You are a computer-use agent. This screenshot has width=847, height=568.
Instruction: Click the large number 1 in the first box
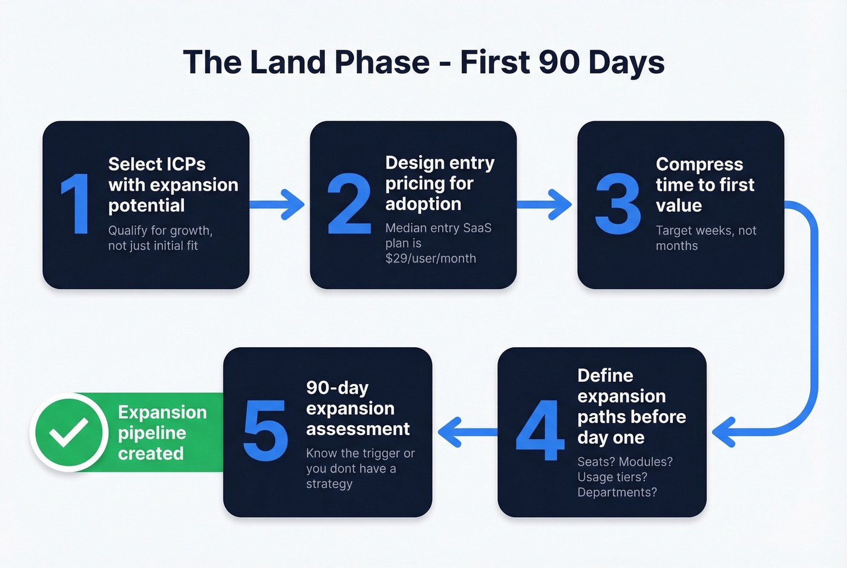(76, 204)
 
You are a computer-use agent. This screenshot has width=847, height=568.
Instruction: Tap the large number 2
(349, 204)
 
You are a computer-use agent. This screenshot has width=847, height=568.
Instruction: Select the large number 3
(617, 204)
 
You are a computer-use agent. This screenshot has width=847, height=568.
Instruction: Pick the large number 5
(265, 430)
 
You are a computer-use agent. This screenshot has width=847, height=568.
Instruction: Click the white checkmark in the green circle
(68, 432)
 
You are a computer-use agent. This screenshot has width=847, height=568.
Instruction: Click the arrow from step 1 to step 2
(278, 204)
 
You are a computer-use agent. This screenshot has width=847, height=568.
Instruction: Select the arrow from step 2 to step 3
(544, 204)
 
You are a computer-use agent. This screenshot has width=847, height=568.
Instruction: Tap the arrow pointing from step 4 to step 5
(466, 432)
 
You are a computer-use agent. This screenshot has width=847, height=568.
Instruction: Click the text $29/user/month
(431, 258)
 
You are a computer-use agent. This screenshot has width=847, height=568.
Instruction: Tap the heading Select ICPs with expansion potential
(172, 184)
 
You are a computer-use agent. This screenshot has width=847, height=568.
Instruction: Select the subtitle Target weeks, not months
(705, 238)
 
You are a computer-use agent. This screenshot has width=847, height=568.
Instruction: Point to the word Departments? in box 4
(617, 492)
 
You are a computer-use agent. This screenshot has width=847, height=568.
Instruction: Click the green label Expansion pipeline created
(162, 433)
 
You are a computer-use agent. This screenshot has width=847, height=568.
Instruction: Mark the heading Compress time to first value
(705, 184)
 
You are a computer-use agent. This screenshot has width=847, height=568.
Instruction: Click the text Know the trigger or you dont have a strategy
(360, 468)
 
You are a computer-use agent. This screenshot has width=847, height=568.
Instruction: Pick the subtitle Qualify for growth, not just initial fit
(160, 238)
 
